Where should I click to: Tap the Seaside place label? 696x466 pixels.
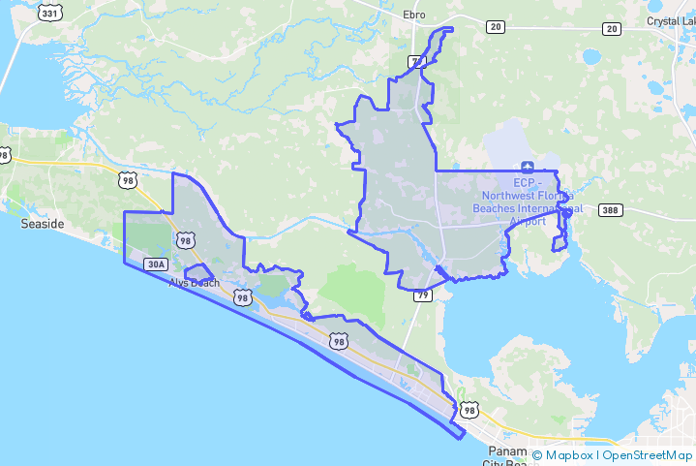[x=43, y=224]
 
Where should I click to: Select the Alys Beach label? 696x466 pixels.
[x=195, y=283]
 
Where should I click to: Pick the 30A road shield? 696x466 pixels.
[x=155, y=264]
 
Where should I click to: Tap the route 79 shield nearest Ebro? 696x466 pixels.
[x=417, y=63]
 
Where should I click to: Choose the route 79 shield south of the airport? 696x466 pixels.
[x=422, y=295]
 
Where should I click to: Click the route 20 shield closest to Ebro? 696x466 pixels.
[x=496, y=27]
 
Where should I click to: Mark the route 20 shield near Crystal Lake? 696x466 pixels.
[x=611, y=28]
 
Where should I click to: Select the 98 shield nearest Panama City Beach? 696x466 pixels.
[x=469, y=411]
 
